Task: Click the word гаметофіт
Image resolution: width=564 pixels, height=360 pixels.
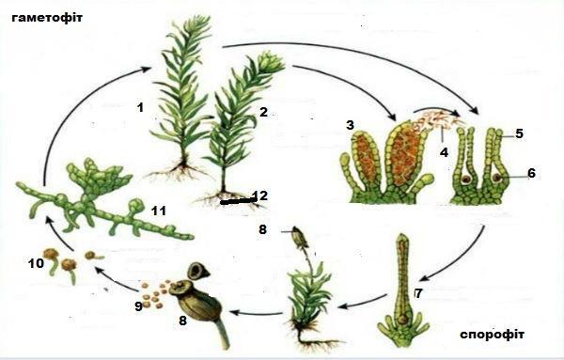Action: tap(47, 18)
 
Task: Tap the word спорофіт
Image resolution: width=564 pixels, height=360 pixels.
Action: tap(492, 334)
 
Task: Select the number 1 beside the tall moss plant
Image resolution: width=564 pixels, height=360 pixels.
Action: tap(140, 107)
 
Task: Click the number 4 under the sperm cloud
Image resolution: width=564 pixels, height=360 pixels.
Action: tap(519, 133)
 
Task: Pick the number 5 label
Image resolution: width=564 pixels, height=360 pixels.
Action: tap(531, 173)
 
